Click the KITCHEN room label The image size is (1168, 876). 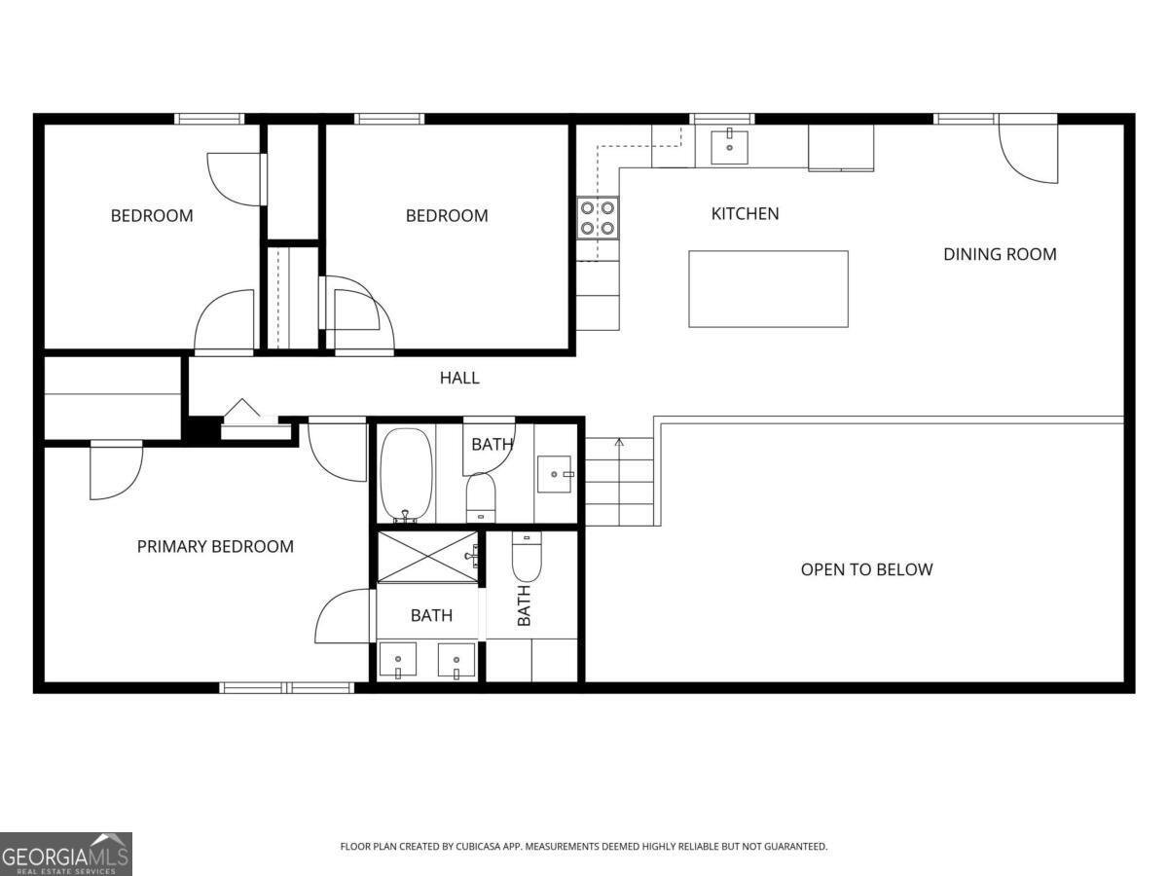pyautogui.click(x=745, y=213)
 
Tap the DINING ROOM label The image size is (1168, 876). pyautogui.click(x=999, y=254)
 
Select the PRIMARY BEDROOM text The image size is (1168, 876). pyautogui.click(x=215, y=546)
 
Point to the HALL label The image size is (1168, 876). pyautogui.click(x=459, y=378)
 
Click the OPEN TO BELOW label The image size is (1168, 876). pyautogui.click(x=866, y=569)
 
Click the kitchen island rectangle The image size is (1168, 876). pyautogui.click(x=768, y=289)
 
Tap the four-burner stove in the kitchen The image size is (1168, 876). pyautogui.click(x=598, y=217)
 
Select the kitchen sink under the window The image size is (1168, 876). pyautogui.click(x=729, y=147)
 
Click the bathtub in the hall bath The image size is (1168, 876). pyautogui.click(x=405, y=475)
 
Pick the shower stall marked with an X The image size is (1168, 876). pyautogui.click(x=427, y=557)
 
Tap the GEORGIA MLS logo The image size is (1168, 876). pyautogui.click(x=65, y=854)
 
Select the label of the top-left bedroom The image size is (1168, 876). pyautogui.click(x=151, y=215)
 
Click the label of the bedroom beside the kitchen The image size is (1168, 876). pyautogui.click(x=447, y=215)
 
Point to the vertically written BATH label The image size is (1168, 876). pyautogui.click(x=524, y=605)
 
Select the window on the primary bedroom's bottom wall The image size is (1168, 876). pyautogui.click(x=286, y=687)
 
